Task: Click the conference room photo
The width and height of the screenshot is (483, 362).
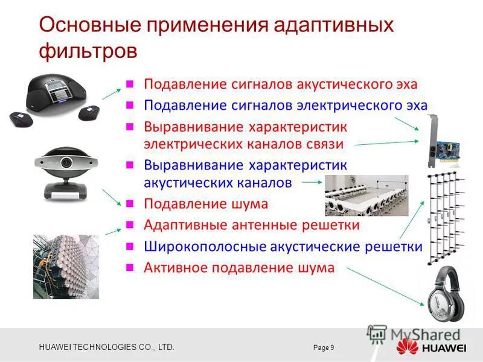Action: (x=366, y=195)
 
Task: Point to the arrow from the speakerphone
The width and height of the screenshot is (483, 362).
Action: (x=110, y=92)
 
